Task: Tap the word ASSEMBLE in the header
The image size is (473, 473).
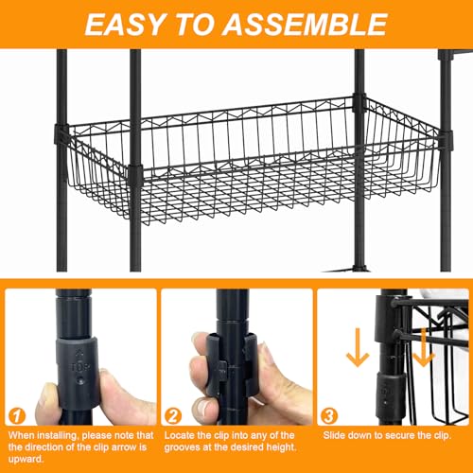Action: [305, 25]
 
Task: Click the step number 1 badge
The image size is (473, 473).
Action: [17, 416]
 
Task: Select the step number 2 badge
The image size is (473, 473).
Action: [173, 416]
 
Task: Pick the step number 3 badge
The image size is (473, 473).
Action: [329, 416]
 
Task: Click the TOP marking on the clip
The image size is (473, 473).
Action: [79, 367]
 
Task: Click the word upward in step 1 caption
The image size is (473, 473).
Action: [26, 459]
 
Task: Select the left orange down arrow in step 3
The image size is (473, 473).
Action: [358, 347]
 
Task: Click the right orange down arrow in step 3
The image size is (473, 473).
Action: [423, 347]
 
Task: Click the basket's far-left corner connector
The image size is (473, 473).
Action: [61, 134]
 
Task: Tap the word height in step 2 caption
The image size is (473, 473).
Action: [281, 447]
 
